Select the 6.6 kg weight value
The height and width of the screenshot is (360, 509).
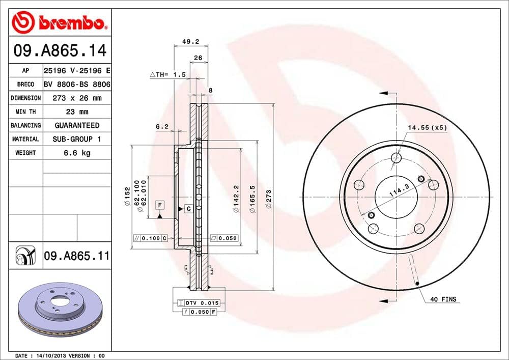[76, 153]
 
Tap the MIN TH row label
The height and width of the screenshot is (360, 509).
[25, 112]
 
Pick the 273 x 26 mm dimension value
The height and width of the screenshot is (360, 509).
[76, 98]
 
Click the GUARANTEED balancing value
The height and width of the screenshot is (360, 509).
[76, 125]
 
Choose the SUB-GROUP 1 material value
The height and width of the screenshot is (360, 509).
[76, 139]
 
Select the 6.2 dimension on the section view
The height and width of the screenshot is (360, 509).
[162, 127]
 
